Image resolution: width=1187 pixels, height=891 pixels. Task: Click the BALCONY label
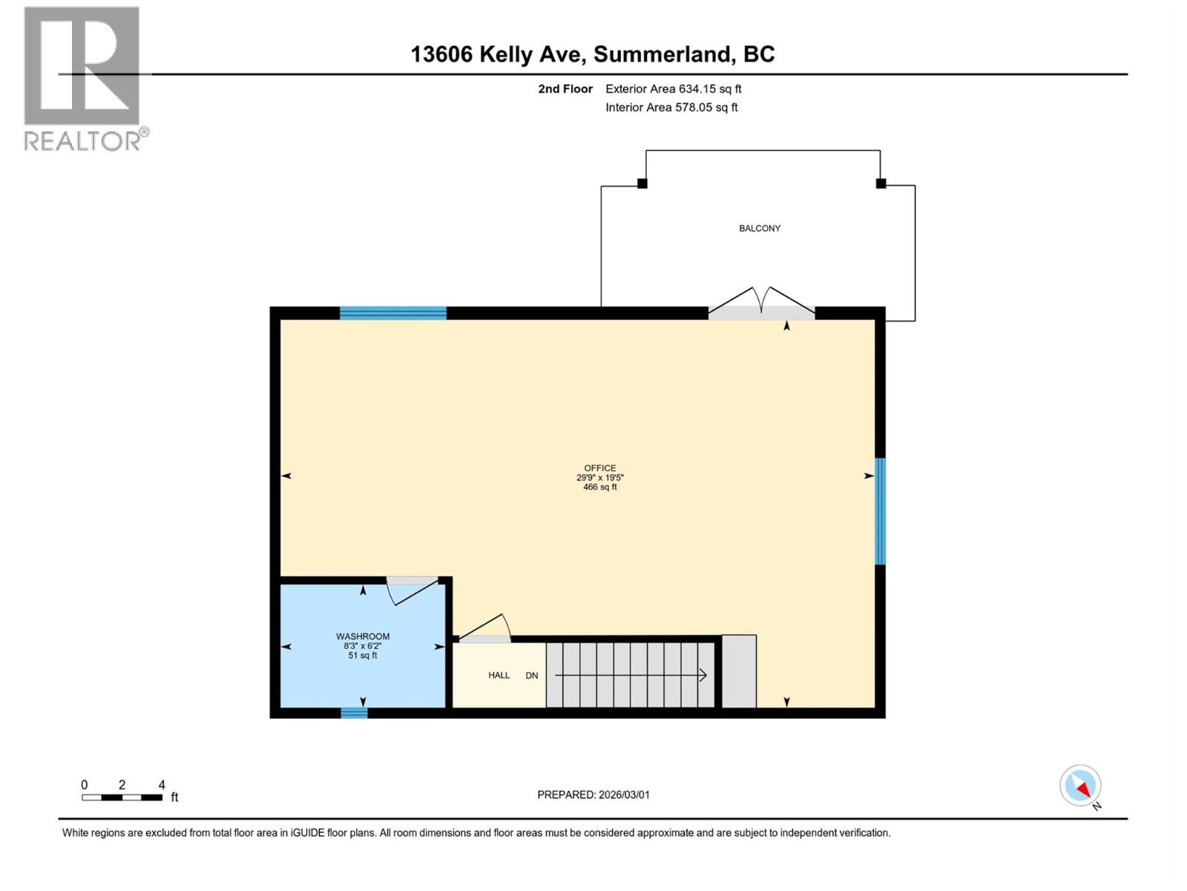pos(760,229)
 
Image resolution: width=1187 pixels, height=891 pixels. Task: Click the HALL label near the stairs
pos(499,675)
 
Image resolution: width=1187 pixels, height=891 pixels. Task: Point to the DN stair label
pos(532,676)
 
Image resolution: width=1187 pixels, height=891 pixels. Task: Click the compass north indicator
pos(1081,786)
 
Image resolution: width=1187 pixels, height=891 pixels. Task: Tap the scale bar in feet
pos(122,797)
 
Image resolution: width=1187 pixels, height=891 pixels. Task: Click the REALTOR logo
pos(82,78)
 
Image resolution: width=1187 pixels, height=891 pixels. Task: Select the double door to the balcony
pos(761,305)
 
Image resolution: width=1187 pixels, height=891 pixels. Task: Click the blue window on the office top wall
pos(393,313)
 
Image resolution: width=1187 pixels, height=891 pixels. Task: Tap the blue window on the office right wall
pos(880,512)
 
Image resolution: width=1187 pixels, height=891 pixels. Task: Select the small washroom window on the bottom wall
pos(354,713)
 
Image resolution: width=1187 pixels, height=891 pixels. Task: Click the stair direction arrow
pos(631,675)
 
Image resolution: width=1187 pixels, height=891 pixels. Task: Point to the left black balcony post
pos(642,183)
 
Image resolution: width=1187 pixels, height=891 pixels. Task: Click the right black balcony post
pos(881,183)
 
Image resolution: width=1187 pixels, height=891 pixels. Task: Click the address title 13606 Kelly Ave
pos(593,54)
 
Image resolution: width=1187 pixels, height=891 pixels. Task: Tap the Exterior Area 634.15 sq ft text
pos(673,89)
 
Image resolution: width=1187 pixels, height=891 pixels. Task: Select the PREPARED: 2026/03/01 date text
pos(593,794)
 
